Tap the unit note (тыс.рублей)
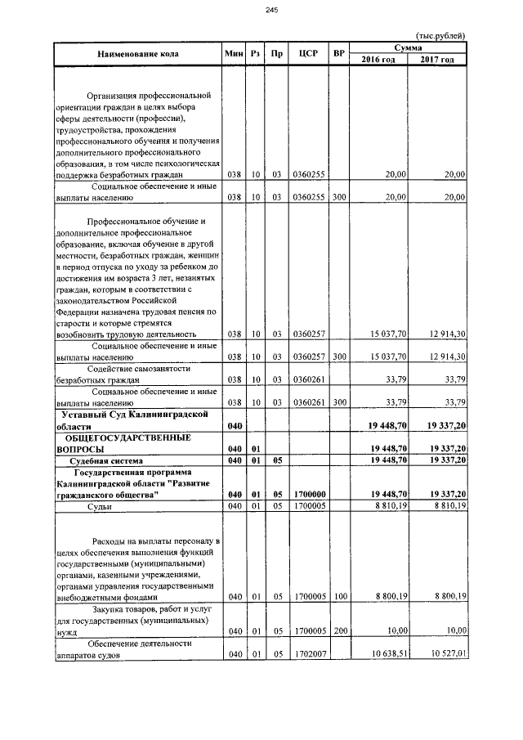coord(440,35)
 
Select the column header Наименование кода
coord(137,54)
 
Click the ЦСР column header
coord(308,54)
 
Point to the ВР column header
coord(339,54)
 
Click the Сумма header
coord(408,48)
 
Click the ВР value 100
coord(339,597)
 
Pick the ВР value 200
coord(339,631)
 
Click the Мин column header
coord(235,54)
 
